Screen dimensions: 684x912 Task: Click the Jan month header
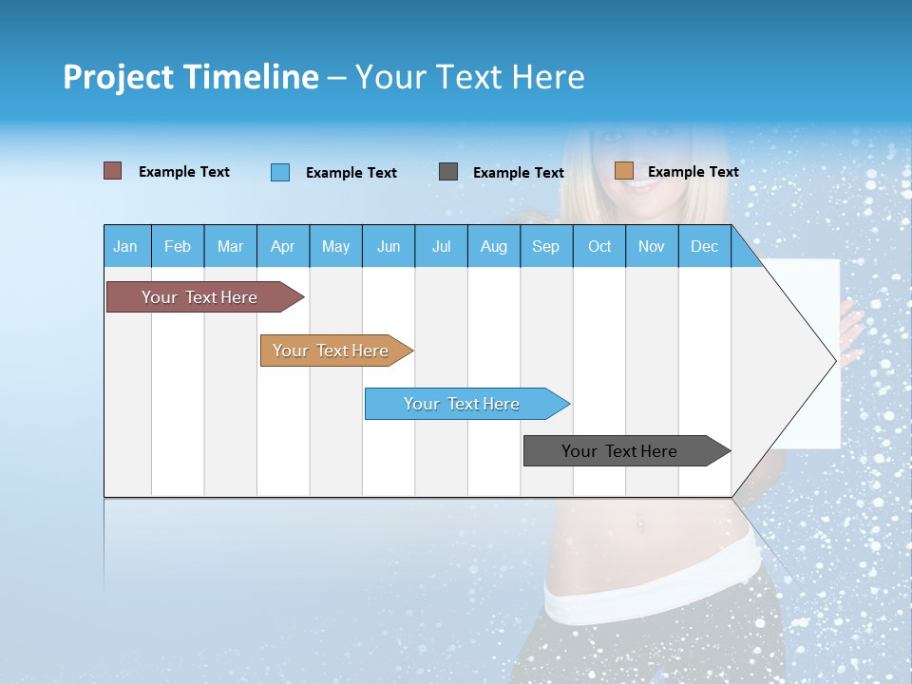[x=126, y=246]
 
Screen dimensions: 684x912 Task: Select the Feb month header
[x=178, y=246]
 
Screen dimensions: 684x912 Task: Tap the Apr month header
[x=283, y=246]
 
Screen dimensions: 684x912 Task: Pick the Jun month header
[x=389, y=246]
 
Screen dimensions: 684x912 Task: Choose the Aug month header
[x=494, y=246]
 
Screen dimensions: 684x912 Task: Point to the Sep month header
[x=546, y=246]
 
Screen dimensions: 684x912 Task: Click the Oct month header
[x=599, y=246]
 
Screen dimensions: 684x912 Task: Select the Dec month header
[x=705, y=246]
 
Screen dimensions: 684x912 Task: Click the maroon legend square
[x=113, y=171]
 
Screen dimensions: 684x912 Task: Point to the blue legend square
[x=280, y=172]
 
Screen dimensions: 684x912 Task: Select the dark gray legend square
[x=448, y=172]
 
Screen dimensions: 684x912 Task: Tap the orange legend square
[x=624, y=171]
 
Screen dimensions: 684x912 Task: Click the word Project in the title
[x=118, y=77]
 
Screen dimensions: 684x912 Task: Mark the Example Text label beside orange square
[x=693, y=172]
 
